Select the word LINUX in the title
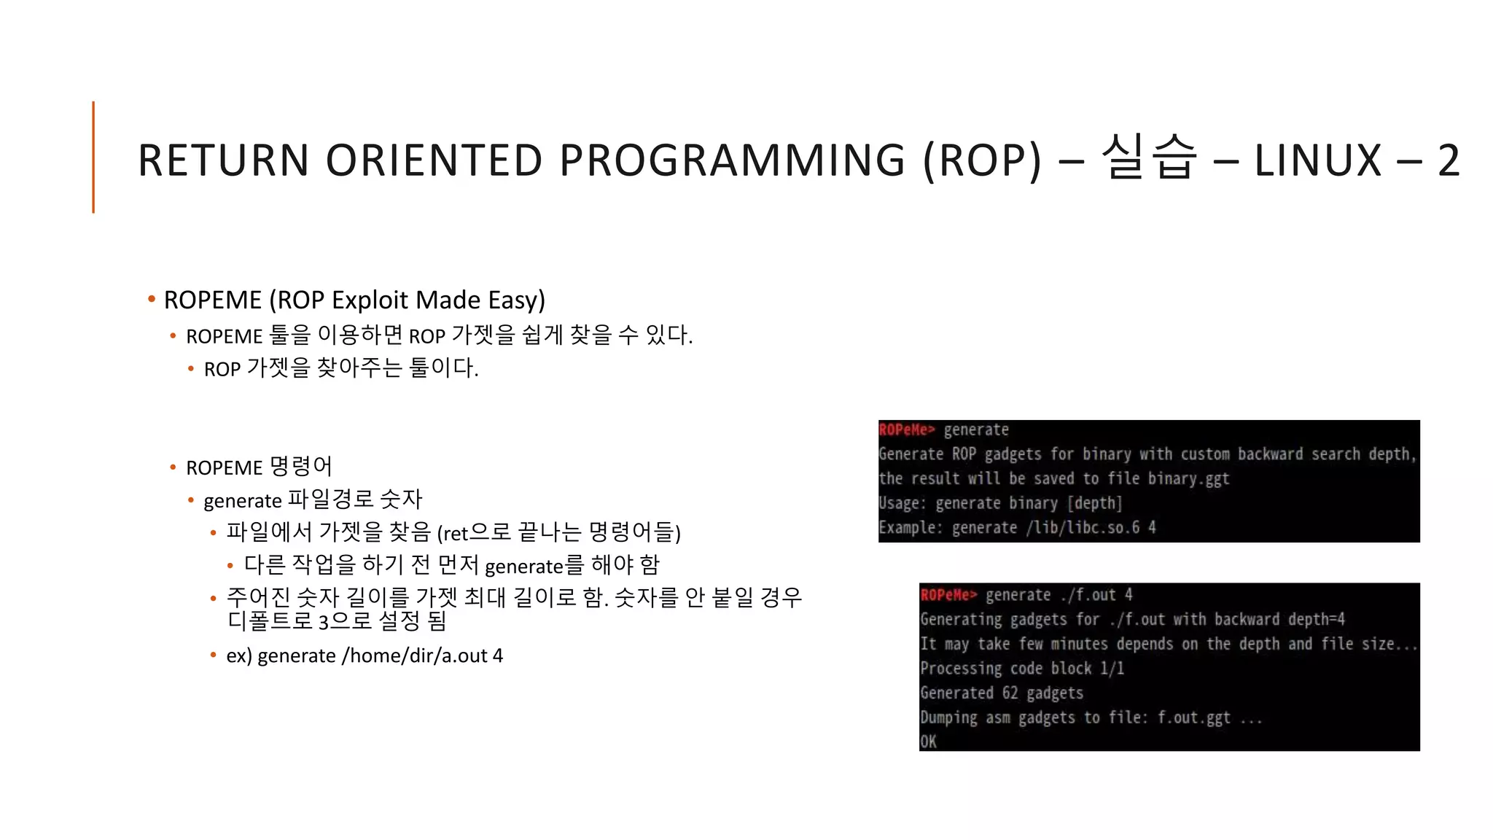(x=1318, y=160)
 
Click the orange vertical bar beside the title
(x=93, y=157)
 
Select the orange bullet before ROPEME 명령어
(x=173, y=467)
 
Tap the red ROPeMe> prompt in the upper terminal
(x=906, y=430)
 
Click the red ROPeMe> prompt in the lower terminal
(x=948, y=595)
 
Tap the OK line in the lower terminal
(x=928, y=742)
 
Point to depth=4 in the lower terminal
(x=1316, y=620)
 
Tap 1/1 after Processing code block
(x=1112, y=669)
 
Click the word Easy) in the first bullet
(x=516, y=300)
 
